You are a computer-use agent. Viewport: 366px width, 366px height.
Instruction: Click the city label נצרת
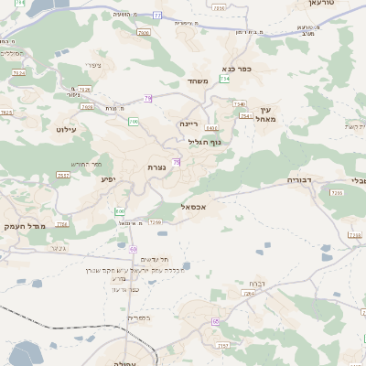coord(156,167)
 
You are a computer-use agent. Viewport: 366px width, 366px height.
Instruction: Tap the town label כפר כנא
coord(237,68)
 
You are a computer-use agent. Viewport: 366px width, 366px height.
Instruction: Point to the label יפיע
coord(111,178)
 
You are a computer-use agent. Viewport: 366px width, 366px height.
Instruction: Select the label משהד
coord(199,81)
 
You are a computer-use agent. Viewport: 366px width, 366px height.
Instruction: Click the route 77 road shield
coord(156,15)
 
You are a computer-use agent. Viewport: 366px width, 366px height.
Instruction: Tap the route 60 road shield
coord(133,249)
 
